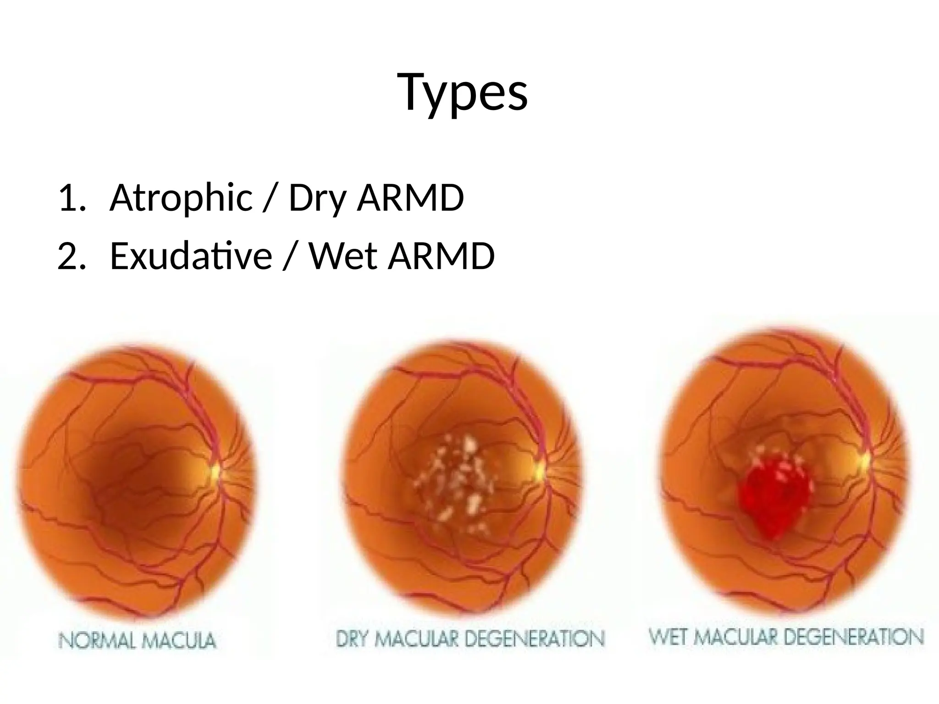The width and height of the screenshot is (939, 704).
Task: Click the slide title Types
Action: click(464, 93)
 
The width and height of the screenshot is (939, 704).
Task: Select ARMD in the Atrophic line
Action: click(410, 198)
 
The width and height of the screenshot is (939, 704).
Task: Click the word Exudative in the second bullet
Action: click(191, 256)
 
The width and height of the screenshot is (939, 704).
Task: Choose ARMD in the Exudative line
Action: click(441, 256)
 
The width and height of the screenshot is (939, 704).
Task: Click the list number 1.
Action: click(71, 198)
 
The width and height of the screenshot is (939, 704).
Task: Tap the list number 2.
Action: click(71, 256)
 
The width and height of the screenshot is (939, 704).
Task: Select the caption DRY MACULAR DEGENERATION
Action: click(470, 638)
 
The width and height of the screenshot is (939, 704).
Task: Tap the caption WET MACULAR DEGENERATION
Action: click(786, 637)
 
